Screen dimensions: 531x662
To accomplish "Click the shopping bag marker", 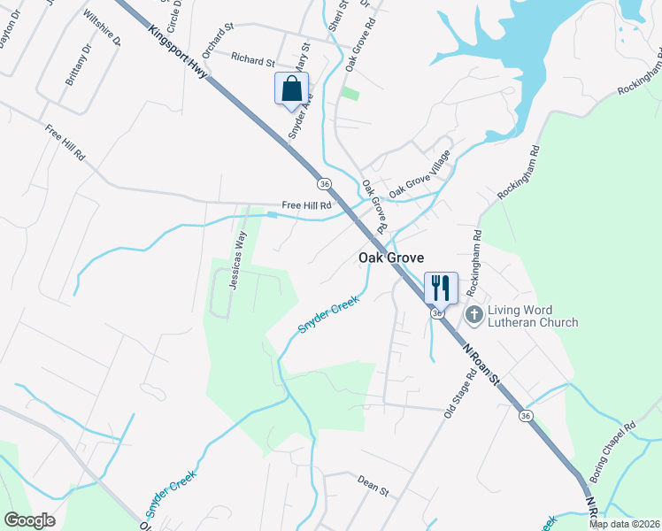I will click(291, 89).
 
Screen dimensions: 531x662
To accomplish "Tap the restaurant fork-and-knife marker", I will click(440, 287).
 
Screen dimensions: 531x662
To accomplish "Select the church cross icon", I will click(474, 314).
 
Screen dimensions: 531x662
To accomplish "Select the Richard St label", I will click(252, 59).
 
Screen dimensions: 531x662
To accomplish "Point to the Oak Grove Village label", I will click(420, 175).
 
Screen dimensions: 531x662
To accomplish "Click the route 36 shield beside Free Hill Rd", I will click(325, 183).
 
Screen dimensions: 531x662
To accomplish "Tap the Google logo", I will click(29, 519).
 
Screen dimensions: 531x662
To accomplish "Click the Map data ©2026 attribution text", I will click(624, 524).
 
